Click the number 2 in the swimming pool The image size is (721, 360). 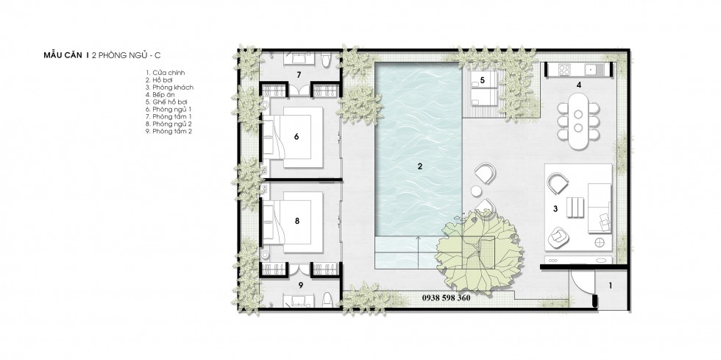(x=419, y=166)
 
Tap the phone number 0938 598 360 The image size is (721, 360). (x=446, y=298)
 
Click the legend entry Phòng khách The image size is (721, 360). (x=169, y=88)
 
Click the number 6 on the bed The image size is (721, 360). (x=296, y=136)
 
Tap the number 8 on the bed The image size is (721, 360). (x=296, y=221)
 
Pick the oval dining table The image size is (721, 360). (x=578, y=121)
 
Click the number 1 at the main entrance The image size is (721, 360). (x=610, y=286)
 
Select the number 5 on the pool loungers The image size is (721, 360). (x=483, y=80)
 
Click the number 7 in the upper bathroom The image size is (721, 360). (x=299, y=74)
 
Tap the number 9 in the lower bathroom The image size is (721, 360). (x=301, y=285)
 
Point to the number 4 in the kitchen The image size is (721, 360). (x=579, y=84)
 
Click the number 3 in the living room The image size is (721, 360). (x=555, y=209)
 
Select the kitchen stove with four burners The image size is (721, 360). (x=564, y=69)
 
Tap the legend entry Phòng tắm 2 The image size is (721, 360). (x=168, y=132)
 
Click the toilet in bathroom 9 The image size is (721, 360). (x=327, y=299)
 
